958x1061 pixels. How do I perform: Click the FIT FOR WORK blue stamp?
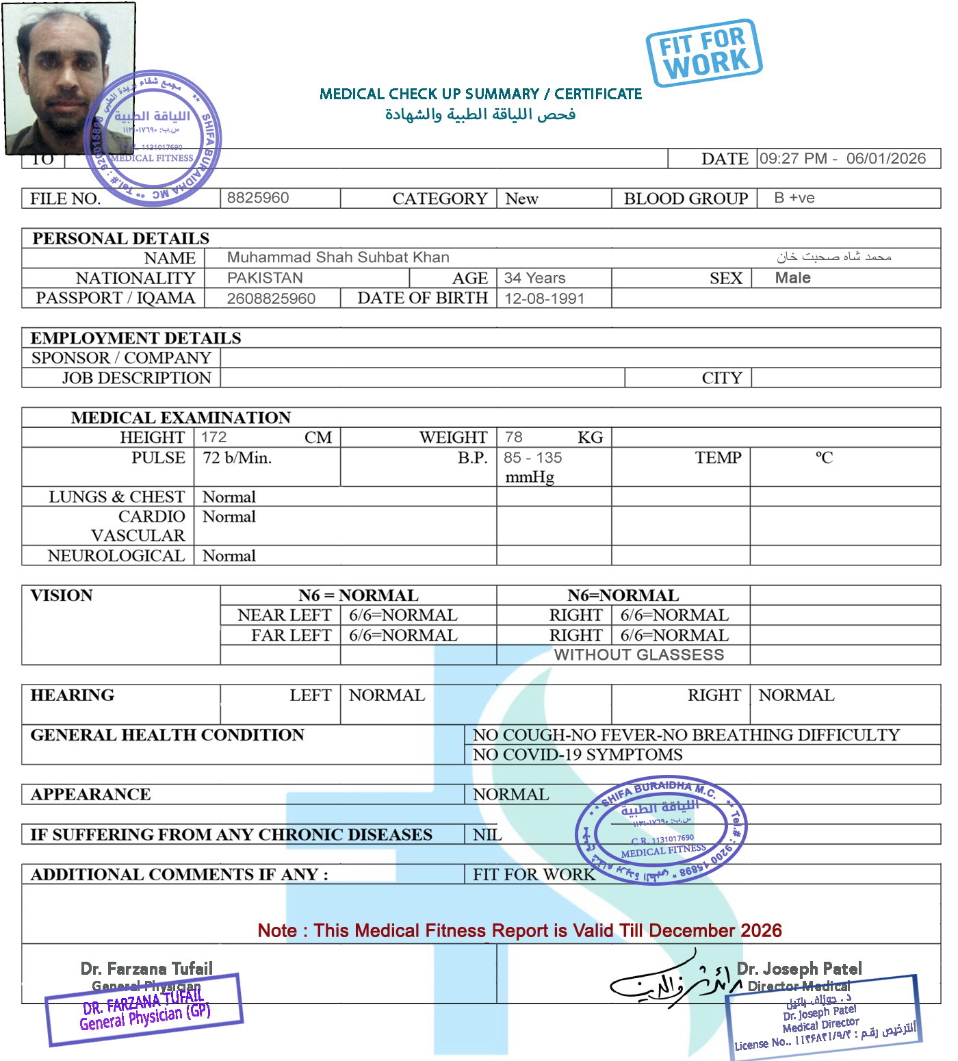coord(703,53)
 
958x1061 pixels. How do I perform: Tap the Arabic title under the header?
coord(480,114)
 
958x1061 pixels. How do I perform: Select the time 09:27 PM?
coord(793,159)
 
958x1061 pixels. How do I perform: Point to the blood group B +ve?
coord(794,198)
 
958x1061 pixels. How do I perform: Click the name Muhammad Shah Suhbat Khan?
coord(338,257)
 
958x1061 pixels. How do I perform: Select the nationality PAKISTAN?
coord(265,278)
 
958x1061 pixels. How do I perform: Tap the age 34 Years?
coord(534,278)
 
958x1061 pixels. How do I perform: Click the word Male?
coord(792,278)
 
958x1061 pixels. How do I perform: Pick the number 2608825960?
coord(271,298)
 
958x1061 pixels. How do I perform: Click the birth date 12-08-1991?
coord(544,298)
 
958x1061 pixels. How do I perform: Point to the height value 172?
coord(213,437)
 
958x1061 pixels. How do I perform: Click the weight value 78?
coord(513,437)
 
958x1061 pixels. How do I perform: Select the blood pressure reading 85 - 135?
coord(533,458)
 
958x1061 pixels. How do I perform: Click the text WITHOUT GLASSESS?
coord(639,655)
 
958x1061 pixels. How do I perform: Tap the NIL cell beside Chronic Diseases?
coord(487,834)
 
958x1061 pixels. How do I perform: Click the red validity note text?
coord(519,931)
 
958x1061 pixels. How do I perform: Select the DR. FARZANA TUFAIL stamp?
coord(144,1010)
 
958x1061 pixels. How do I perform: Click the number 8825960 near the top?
coord(258,198)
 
